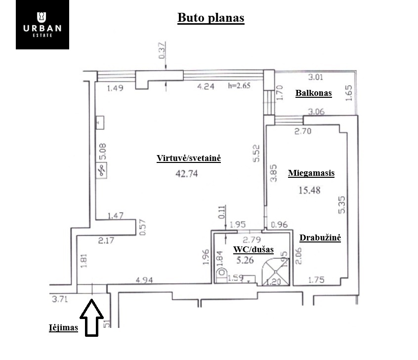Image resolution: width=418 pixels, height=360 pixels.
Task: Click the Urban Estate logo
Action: [42, 25]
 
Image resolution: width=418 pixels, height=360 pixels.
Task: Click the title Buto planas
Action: [211, 18]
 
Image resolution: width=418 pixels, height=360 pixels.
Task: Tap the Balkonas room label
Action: [313, 93]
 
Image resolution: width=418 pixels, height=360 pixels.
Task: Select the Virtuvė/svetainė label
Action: [189, 159]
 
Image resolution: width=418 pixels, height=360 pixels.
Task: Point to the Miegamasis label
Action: [311, 173]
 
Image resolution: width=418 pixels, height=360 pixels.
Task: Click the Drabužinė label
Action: [320, 238]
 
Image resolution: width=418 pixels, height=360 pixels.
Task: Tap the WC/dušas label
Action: [253, 250]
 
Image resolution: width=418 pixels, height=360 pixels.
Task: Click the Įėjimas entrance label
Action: [63, 327]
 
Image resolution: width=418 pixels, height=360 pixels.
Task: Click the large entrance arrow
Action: [92, 318]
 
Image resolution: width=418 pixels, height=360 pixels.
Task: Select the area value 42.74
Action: [187, 174]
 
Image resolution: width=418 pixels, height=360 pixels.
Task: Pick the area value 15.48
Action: [309, 190]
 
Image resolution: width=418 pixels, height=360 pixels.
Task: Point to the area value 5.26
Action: [245, 260]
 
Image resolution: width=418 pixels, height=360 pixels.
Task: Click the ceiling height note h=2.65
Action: [239, 85]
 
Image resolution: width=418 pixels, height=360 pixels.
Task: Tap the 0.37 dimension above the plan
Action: [162, 51]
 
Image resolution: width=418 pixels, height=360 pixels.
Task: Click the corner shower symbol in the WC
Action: [276, 272]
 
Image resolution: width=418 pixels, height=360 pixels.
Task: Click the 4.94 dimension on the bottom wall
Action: [144, 280]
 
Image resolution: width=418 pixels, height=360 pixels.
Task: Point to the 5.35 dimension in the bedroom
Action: [341, 205]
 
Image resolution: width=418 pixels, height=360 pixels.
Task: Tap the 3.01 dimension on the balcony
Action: [316, 77]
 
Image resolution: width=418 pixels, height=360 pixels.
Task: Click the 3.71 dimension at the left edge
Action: [60, 299]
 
